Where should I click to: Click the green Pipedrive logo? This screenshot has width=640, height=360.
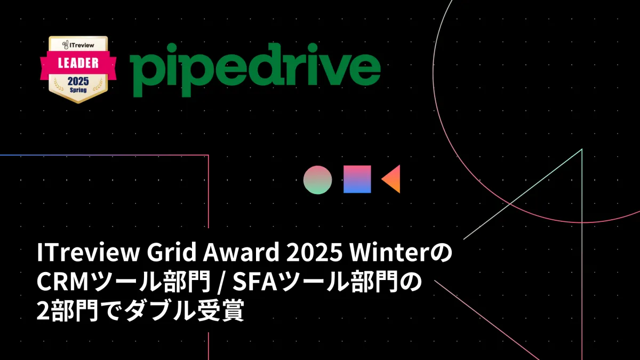tap(255, 70)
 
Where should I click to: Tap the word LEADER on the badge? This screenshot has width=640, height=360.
tap(78, 63)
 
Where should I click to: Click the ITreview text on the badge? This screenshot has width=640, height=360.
tap(78, 45)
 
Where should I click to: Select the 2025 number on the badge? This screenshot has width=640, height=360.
tap(78, 82)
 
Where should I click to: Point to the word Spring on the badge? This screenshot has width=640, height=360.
tap(78, 90)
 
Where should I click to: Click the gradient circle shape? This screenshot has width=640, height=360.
tap(318, 180)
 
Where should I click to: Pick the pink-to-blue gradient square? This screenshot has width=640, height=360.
tap(357, 179)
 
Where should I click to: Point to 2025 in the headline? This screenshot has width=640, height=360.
tap(314, 252)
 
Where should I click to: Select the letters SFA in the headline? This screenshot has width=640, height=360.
tap(255, 282)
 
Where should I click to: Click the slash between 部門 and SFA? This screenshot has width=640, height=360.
tap(220, 282)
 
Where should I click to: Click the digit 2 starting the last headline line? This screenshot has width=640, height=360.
tap(43, 310)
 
